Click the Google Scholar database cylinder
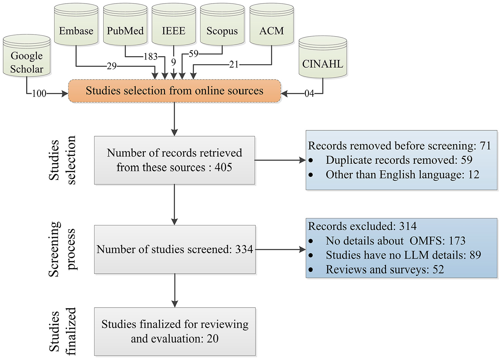tap(27, 56)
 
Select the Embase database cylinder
tap(76, 25)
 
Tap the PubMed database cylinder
tap(125, 25)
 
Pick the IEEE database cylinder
tap(174, 25)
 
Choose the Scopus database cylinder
tap(222, 25)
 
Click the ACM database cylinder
tap(271, 25)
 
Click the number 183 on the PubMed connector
tap(151, 57)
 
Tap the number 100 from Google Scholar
tap(39, 93)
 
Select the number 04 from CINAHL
tap(309, 93)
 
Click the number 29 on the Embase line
tap(111, 66)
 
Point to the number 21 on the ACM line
tap(234, 65)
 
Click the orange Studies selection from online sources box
tap(174, 91)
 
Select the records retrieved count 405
tap(223, 167)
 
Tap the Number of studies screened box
tap(175, 249)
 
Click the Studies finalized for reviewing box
tap(175, 331)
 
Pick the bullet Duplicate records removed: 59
tap(390, 160)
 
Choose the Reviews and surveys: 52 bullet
tap(376, 270)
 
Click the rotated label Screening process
tap(62, 249)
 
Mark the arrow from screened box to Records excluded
tap(281, 249)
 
